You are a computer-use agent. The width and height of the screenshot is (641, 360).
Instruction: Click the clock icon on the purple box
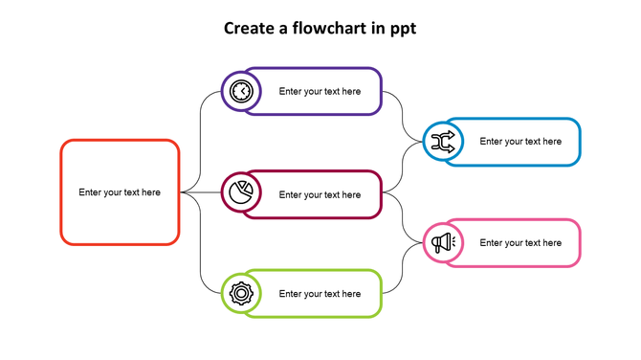[x=242, y=92]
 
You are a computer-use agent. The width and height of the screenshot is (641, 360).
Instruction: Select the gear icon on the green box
[x=242, y=294]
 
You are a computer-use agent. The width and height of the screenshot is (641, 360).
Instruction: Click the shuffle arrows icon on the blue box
[x=443, y=143]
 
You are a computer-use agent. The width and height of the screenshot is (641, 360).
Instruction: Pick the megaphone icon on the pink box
[x=443, y=243]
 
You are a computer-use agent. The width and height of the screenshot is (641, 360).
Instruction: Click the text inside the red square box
[x=120, y=192]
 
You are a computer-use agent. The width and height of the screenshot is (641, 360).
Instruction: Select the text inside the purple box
[x=320, y=92]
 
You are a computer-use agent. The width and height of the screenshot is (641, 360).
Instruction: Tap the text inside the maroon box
[x=320, y=194]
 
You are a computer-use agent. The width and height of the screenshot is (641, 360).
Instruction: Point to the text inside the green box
[x=320, y=294]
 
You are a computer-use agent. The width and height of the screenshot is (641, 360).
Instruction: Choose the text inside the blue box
[x=520, y=142]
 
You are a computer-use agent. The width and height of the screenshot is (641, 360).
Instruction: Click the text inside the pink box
[x=520, y=243]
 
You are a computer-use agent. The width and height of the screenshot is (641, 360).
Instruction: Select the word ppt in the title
[x=403, y=29]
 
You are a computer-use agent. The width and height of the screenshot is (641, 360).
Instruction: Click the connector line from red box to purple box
[x=200, y=134]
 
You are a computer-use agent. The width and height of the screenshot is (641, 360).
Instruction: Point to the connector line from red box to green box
[x=200, y=249]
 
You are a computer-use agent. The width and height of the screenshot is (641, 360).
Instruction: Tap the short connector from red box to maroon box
[x=203, y=192]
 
